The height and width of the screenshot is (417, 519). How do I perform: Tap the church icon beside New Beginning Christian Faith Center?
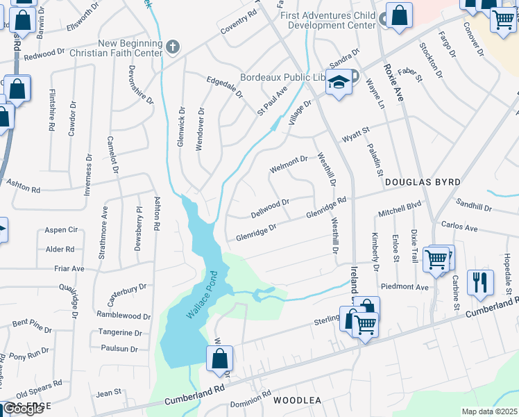(173, 47)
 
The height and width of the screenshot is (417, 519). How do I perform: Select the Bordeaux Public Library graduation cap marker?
(338, 84)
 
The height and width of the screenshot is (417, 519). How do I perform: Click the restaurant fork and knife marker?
(480, 281)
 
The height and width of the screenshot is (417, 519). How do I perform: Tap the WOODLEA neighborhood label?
(297, 401)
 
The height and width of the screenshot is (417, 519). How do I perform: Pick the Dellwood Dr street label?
(270, 207)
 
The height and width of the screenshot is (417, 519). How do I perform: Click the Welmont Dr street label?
(288, 164)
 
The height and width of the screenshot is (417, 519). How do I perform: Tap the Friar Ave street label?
(69, 268)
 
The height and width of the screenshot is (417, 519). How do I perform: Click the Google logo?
(23, 409)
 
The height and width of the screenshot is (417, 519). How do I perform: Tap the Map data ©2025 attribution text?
(489, 411)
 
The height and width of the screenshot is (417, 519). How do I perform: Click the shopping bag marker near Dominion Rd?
(219, 359)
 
